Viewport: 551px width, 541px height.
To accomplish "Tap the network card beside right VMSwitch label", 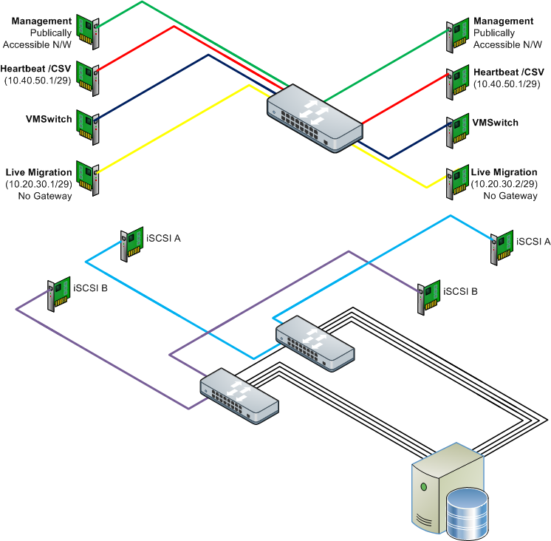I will [x=456, y=129].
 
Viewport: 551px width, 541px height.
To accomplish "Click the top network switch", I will [x=315, y=117].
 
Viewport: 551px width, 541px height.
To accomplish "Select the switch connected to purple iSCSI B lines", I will [x=239, y=394].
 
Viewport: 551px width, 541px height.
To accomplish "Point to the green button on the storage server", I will [x=424, y=486].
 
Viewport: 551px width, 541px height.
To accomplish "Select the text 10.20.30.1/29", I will [x=39, y=183].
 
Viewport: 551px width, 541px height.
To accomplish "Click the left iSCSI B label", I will [x=91, y=287].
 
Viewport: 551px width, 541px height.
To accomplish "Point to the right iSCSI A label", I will [x=533, y=241].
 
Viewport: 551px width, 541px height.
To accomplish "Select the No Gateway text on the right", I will [x=510, y=196].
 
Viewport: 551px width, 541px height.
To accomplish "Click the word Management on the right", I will [x=504, y=21].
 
